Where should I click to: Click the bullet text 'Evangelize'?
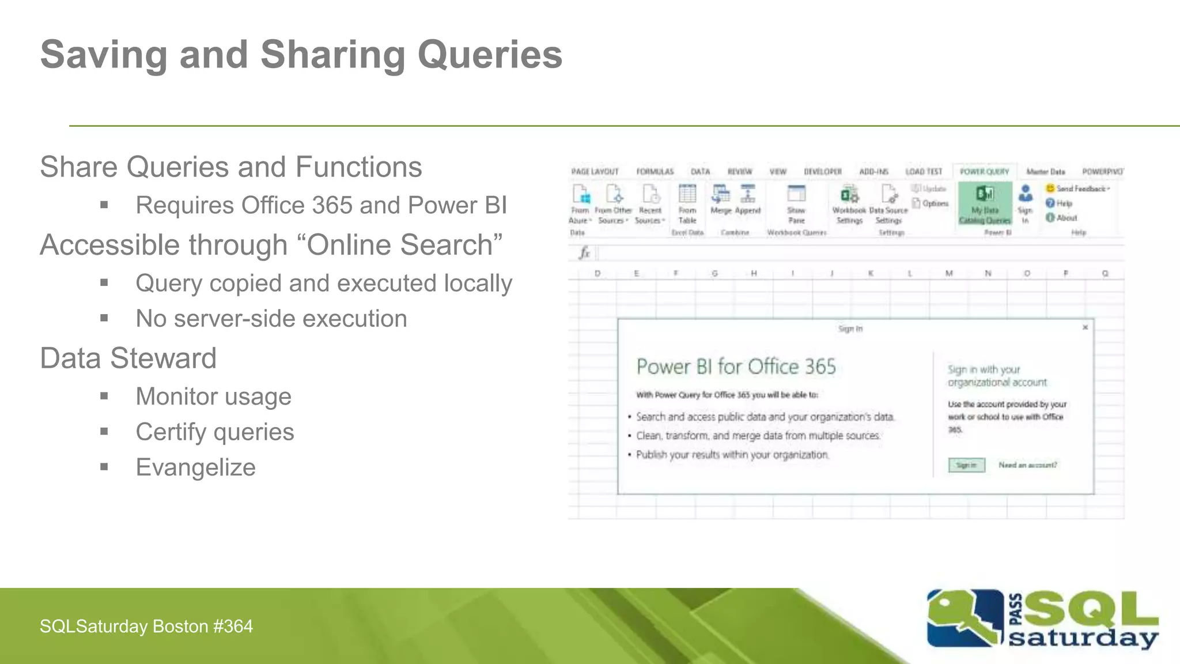click(x=195, y=467)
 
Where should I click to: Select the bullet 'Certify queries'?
click(x=214, y=432)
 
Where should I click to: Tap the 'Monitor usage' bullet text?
click(x=213, y=397)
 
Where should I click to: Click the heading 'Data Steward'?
click(x=128, y=359)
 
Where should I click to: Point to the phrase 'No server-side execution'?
click(x=271, y=319)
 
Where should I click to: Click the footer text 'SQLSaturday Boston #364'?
click(x=146, y=627)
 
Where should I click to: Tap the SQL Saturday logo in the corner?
click(x=1042, y=620)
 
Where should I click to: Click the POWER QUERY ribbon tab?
click(x=984, y=172)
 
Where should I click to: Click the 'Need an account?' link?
click(x=1027, y=465)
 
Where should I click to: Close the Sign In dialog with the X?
click(x=1085, y=327)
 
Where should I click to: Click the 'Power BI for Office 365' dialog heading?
click(x=736, y=367)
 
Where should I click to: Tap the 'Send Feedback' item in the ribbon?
click(x=1078, y=188)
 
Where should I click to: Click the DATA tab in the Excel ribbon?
click(x=700, y=172)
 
